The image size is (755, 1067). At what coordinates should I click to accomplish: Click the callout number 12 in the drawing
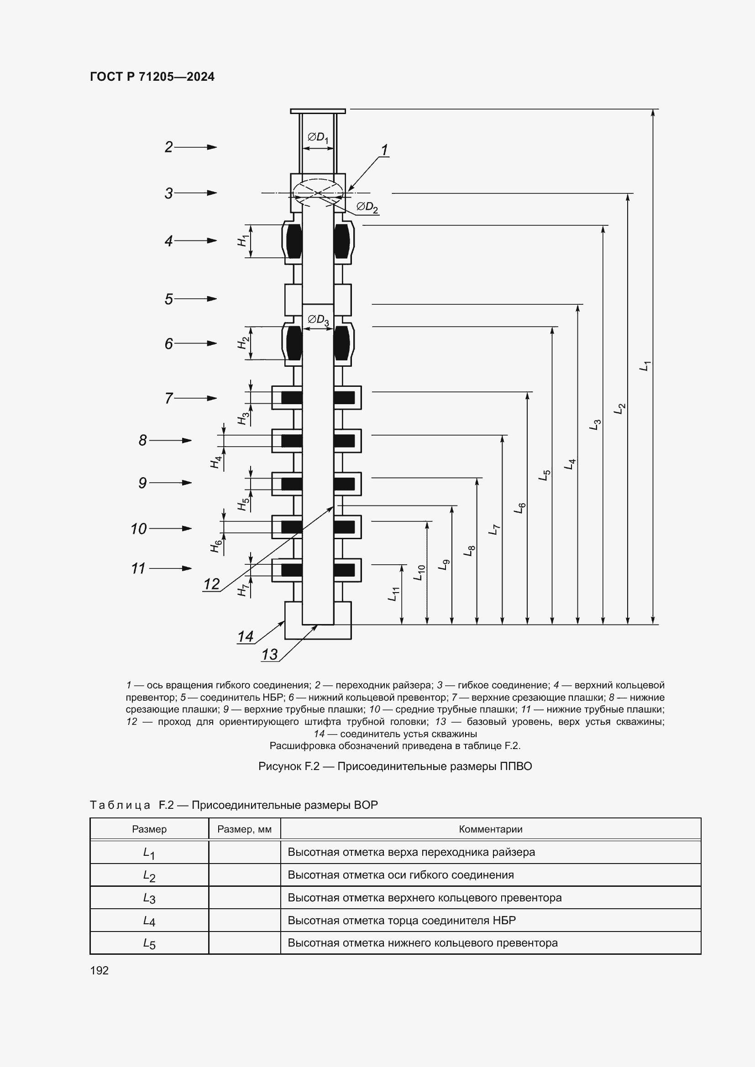[x=211, y=584]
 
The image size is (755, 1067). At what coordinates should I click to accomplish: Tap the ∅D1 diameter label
[x=318, y=137]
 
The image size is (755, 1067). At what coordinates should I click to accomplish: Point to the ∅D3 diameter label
[x=319, y=320]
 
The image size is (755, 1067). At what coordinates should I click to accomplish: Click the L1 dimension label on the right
[x=645, y=366]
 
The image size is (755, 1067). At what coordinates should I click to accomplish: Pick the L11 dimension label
[x=394, y=594]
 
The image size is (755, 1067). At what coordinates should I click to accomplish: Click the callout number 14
[x=246, y=636]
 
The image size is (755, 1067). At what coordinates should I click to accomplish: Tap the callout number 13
[x=269, y=654]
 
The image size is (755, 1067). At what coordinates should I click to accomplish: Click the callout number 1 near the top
[x=384, y=150]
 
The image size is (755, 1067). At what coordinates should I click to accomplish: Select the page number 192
[x=100, y=970]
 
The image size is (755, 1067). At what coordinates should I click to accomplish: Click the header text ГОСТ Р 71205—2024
[x=152, y=77]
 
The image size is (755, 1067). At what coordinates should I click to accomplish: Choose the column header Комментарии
[x=490, y=829]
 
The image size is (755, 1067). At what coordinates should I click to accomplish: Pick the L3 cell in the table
[x=149, y=898]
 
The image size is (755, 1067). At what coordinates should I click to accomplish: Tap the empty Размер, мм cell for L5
[x=245, y=943]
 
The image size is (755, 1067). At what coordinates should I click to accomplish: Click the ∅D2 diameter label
[x=367, y=207]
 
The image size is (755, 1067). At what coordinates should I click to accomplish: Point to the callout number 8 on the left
[x=143, y=440]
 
